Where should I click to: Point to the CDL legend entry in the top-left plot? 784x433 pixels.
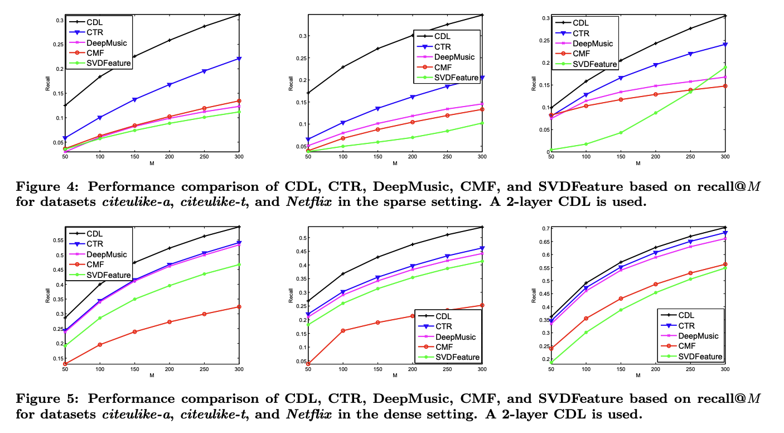point(95,22)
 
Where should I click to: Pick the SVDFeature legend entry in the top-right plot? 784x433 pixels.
point(596,64)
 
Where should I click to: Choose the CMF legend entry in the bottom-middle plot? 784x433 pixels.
point(445,347)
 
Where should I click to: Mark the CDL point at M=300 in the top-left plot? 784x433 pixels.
point(239,15)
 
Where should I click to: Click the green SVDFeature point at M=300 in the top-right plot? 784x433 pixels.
point(725,68)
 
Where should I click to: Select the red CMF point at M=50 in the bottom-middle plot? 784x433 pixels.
point(308,364)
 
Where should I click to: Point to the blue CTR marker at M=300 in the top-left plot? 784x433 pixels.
point(239,59)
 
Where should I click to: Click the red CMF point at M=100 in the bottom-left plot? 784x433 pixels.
point(99,344)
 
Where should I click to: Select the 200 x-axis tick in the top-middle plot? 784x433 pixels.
point(412,157)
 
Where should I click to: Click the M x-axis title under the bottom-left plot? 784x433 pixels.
point(152,376)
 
